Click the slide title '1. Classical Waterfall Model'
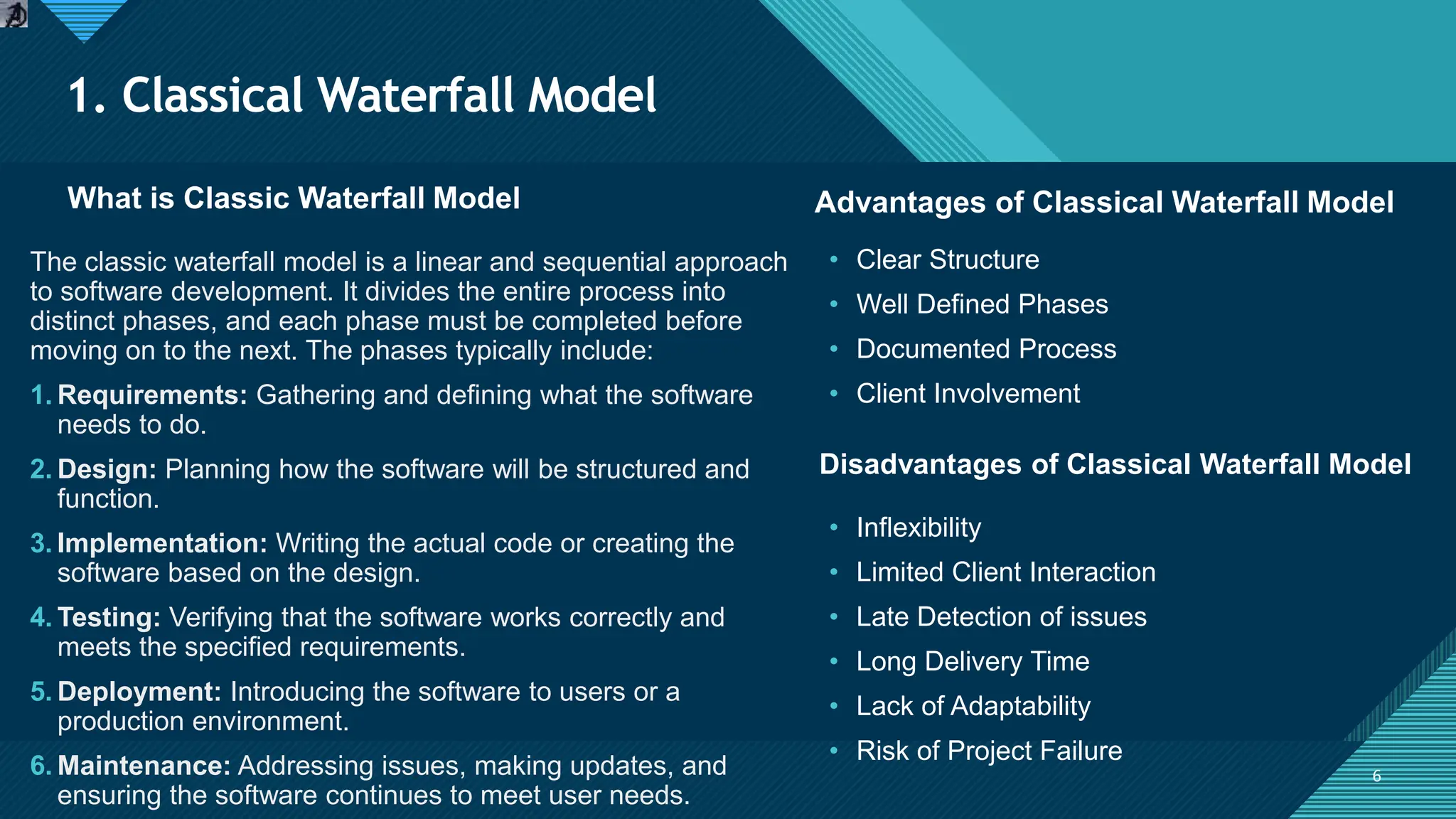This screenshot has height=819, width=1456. [363, 95]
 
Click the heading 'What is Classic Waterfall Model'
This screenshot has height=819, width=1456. [294, 198]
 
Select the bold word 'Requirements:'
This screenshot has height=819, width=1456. [152, 395]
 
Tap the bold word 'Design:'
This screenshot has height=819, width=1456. [107, 469]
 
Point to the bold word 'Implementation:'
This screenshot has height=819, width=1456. [162, 544]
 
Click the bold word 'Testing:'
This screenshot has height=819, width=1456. [109, 618]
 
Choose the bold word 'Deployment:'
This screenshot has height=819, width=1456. [139, 692]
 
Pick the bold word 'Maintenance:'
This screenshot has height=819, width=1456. [144, 766]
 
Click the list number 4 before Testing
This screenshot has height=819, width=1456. [40, 618]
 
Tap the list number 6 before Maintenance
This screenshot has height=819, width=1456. [40, 766]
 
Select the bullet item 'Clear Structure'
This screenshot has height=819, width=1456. [947, 259]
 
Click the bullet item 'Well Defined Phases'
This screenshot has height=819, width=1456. [982, 304]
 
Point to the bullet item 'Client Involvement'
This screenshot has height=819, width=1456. [968, 394]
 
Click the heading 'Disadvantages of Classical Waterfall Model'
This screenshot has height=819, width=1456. [1115, 464]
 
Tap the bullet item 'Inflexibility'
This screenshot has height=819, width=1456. [919, 528]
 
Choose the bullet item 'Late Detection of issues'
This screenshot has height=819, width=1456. [1001, 617]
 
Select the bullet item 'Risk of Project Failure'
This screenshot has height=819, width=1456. [989, 751]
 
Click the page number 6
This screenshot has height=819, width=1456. [1376, 776]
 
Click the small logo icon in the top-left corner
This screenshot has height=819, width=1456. [14, 14]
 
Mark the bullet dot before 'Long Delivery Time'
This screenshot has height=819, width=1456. [834, 662]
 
